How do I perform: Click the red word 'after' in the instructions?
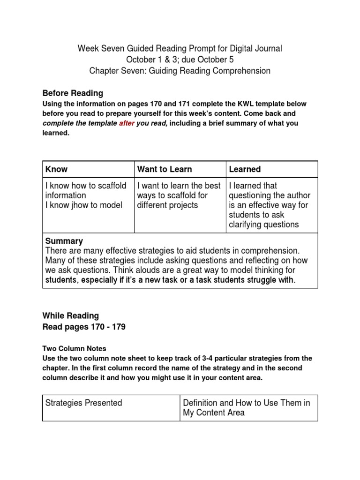point(127,123)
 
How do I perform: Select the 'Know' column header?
point(55,169)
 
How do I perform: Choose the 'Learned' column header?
point(245,169)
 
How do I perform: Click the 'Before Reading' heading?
point(73,93)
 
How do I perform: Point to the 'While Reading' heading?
point(71,315)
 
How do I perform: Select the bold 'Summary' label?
point(64,241)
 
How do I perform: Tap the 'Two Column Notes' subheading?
point(75,348)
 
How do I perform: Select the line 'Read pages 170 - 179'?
point(84,328)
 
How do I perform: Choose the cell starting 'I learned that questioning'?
point(270,205)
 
